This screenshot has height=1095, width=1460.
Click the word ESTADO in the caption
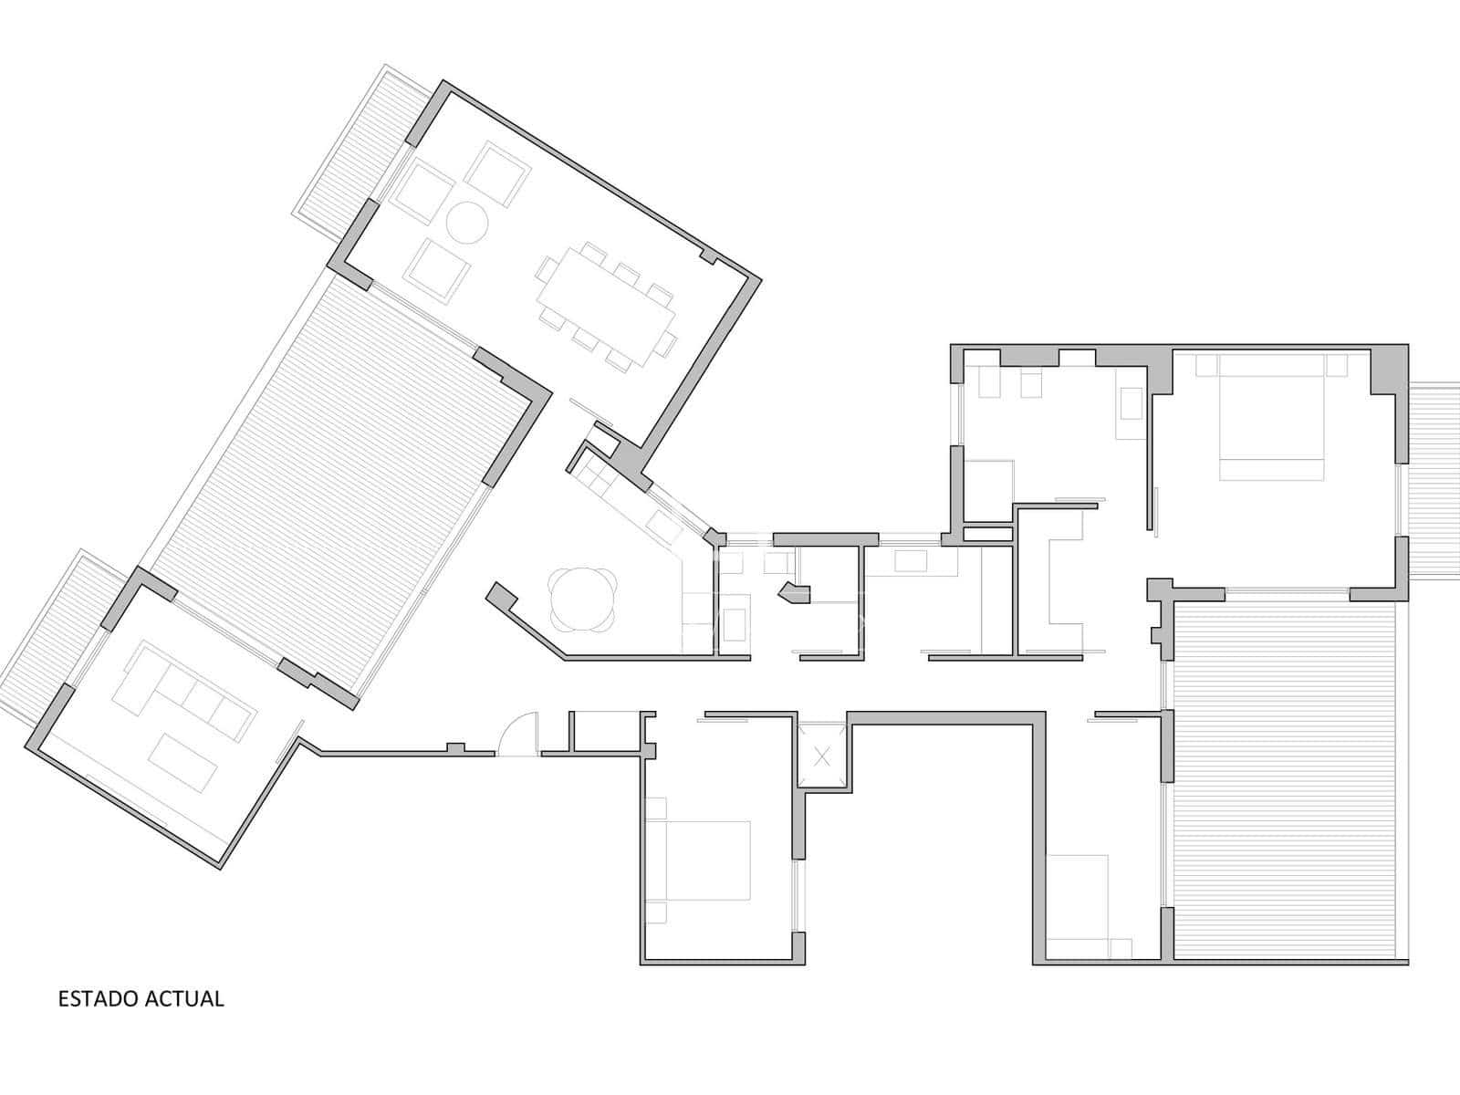coord(99,998)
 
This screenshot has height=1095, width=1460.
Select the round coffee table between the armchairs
coord(466,224)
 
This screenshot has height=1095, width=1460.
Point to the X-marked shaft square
coord(823,756)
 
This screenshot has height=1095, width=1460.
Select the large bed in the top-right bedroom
coord(1271,417)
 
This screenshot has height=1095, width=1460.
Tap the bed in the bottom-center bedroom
coord(698,860)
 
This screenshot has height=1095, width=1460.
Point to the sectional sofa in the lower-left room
coord(183,692)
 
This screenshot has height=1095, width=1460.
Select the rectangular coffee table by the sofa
coord(182,763)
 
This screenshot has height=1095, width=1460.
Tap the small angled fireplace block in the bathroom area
coord(796,592)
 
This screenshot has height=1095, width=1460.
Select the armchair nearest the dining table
coord(437,270)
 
